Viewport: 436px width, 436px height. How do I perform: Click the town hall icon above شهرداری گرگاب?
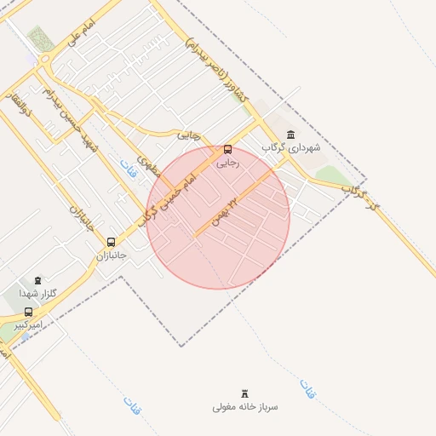pos(292,134)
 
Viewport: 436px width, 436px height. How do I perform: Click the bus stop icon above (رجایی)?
pos(227,149)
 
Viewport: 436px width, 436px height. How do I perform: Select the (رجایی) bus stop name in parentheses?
pos(227,162)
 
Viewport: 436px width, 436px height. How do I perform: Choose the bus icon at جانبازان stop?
pos(111,242)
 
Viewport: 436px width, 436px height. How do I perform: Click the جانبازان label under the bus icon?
pos(111,255)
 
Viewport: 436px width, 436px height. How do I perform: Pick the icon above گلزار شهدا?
pos(37,279)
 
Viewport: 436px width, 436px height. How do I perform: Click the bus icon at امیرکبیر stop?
pos(29,312)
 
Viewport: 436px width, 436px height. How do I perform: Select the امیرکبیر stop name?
pos(29,324)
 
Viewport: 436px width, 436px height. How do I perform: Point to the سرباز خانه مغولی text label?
pos(246,407)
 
